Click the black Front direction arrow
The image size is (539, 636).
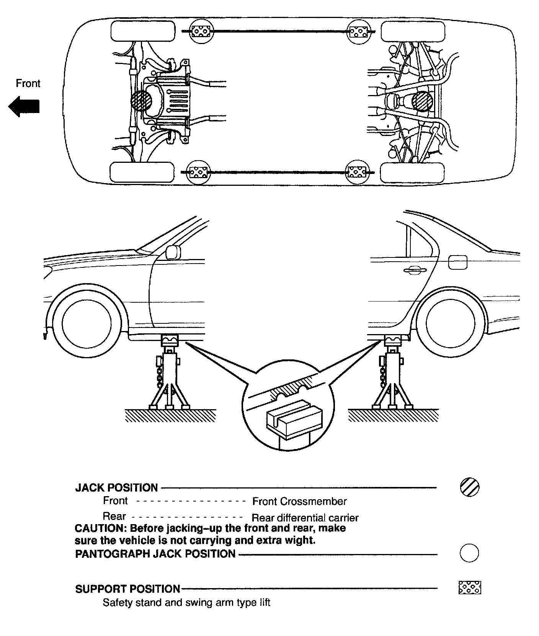tap(24, 107)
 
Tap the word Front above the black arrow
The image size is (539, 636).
tap(28, 84)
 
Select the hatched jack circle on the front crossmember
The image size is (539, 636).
tap(141, 101)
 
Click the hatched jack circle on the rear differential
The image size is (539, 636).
tap(423, 102)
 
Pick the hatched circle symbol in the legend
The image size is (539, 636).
tap(469, 487)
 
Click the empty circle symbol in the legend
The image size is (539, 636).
tap(469, 553)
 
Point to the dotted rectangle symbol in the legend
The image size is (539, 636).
tap(470, 587)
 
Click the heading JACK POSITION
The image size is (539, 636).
tap(116, 488)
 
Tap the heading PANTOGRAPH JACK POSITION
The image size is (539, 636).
tap(155, 554)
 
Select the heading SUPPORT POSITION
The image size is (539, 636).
tap(127, 589)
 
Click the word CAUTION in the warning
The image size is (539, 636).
tap(100, 528)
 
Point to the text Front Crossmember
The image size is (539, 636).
tap(299, 501)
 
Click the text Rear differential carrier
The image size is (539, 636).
tap(305, 518)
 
